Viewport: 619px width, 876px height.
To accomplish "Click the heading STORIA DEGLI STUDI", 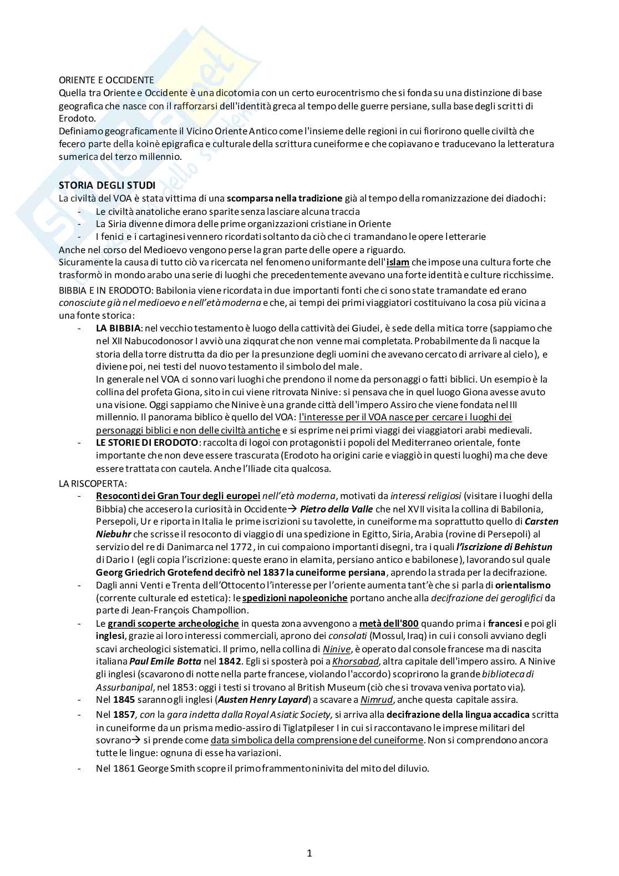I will click(x=107, y=185).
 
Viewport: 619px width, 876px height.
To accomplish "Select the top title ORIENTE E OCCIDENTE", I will click(x=106, y=80).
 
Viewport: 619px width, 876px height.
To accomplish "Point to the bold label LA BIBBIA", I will click(x=118, y=328).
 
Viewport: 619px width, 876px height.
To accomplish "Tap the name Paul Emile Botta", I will click(x=165, y=662).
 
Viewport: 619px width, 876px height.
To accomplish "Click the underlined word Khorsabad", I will click(x=355, y=662).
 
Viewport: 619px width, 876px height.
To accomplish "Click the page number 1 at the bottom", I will click(x=309, y=853).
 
